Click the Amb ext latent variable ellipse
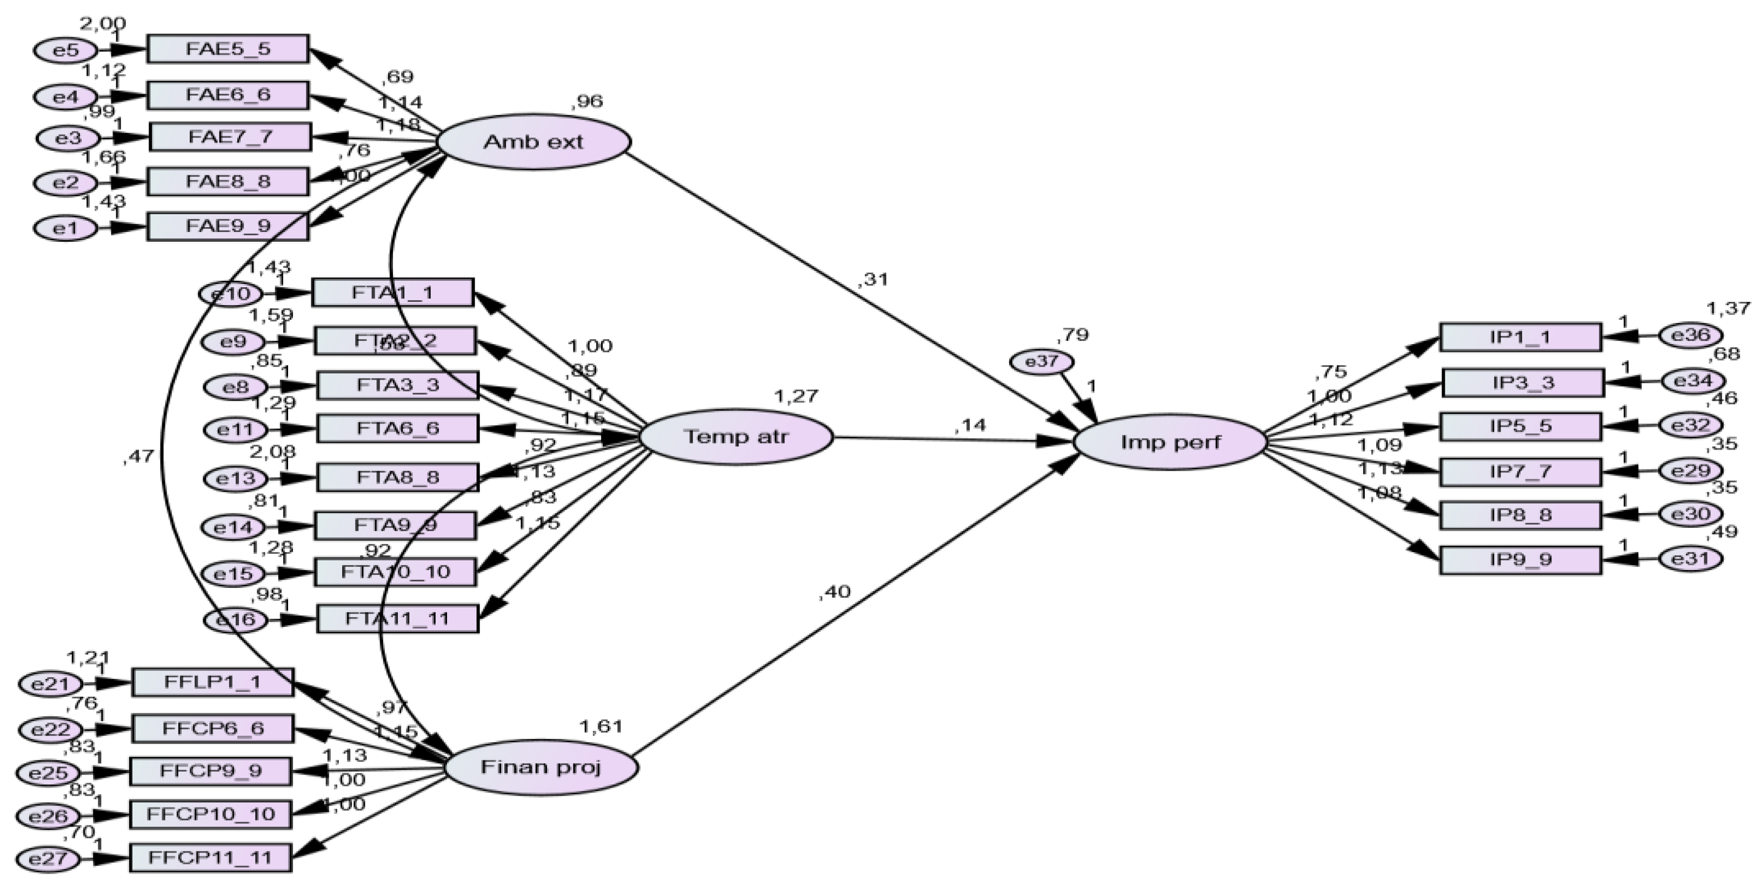[x=534, y=142]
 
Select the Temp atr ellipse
[x=736, y=436]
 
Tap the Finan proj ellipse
[x=541, y=767]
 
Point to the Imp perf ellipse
[x=1170, y=442]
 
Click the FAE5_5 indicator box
[x=228, y=49]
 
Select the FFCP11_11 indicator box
[x=210, y=857]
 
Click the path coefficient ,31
[x=872, y=279]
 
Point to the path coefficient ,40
[x=834, y=592]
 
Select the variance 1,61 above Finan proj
[x=601, y=725]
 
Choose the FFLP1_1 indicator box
[x=212, y=682]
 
